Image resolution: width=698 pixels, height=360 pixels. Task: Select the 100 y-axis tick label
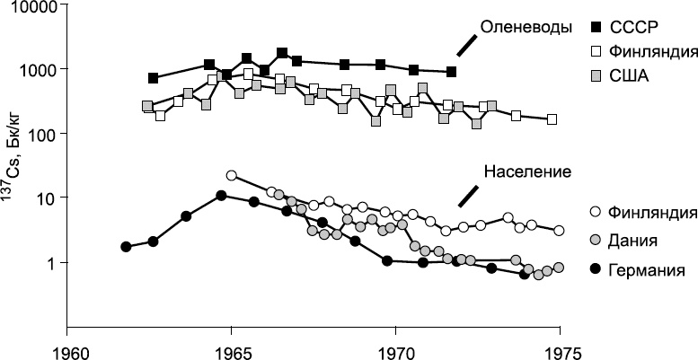click(x=40, y=134)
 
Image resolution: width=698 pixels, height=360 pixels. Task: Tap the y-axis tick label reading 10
click(x=44, y=198)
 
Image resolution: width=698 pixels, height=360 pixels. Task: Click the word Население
click(x=528, y=171)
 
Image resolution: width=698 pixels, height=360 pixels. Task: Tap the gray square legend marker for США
click(x=595, y=76)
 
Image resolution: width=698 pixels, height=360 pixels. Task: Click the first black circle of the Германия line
click(x=127, y=246)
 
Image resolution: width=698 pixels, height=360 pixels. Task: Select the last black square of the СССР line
click(x=452, y=72)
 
